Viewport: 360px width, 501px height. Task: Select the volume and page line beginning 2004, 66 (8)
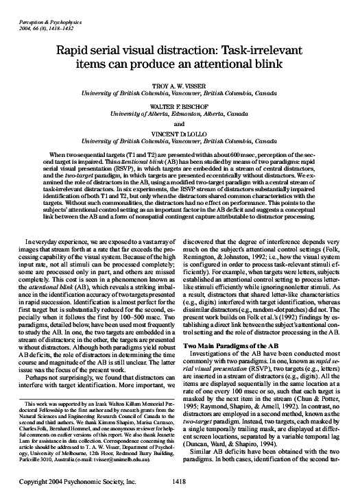tap(36, 14)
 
